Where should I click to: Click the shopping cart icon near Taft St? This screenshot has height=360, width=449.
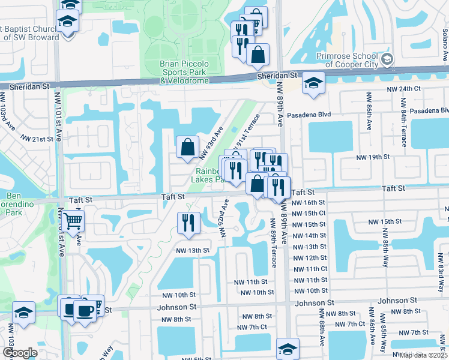pyautogui.click(x=73, y=221)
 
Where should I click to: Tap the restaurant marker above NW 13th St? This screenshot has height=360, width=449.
pyautogui.click(x=188, y=223)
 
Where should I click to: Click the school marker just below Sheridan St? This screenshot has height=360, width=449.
pyautogui.click(x=313, y=83)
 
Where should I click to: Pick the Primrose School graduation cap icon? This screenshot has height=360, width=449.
pyautogui.click(x=387, y=58)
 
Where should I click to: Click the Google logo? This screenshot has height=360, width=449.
pyautogui.click(x=20, y=353)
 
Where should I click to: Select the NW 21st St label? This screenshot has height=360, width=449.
pyautogui.click(x=37, y=139)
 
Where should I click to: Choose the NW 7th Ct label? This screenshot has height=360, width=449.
pyautogui.click(x=252, y=327)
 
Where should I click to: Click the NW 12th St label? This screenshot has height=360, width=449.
pyautogui.click(x=309, y=257)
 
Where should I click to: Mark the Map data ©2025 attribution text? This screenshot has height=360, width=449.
pyautogui.click(x=423, y=355)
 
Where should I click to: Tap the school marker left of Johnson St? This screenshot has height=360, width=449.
pyautogui.click(x=23, y=313)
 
